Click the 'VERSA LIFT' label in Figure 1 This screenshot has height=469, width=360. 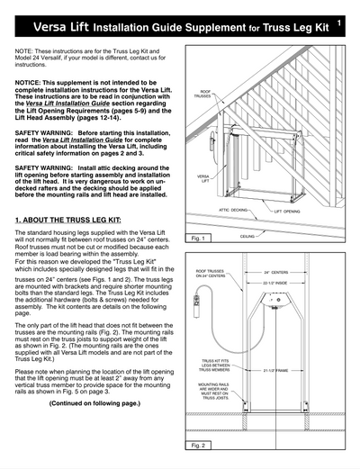click(203, 179)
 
